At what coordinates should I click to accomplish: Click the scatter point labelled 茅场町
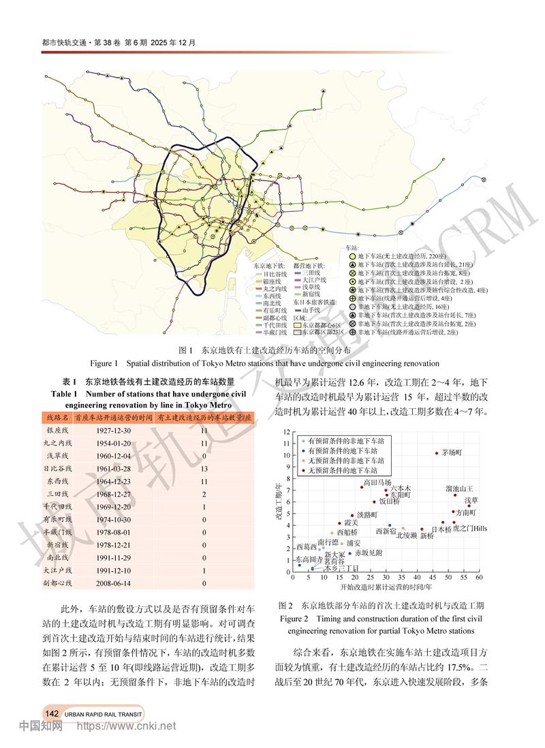click(437, 453)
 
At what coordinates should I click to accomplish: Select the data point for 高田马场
click(362, 487)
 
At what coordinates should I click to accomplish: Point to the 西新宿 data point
click(390, 525)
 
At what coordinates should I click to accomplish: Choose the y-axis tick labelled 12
click(288, 431)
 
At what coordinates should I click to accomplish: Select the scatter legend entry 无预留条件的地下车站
click(342, 471)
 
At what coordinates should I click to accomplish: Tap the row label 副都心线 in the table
click(58, 583)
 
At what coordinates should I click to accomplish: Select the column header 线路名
click(58, 417)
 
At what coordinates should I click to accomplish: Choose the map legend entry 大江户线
click(315, 280)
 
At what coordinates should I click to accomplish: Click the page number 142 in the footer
click(51, 713)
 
